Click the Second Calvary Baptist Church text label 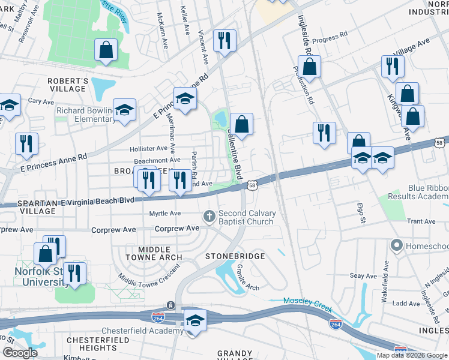[x=246, y=217]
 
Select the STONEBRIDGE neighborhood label [x=235, y=256]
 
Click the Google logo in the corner [x=20, y=353]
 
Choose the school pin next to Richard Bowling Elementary [x=125, y=110]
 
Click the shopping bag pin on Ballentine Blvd [x=241, y=125]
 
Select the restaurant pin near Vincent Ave [x=224, y=41]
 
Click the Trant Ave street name [x=421, y=221]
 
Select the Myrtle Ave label [x=165, y=214]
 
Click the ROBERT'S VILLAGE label [x=68, y=85]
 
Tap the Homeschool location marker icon [x=396, y=245]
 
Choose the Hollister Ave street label [x=149, y=148]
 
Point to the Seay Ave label [x=363, y=275]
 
